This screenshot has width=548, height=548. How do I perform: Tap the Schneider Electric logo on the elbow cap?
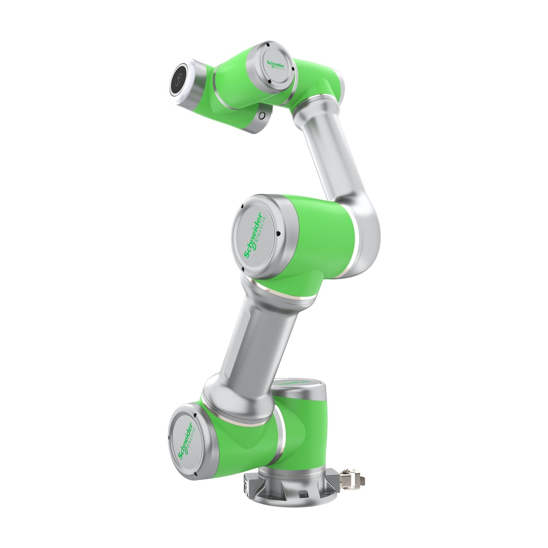(256, 236)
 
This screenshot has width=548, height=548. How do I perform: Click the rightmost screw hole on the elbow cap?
(278, 234)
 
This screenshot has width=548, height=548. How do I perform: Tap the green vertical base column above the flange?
(307, 435)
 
